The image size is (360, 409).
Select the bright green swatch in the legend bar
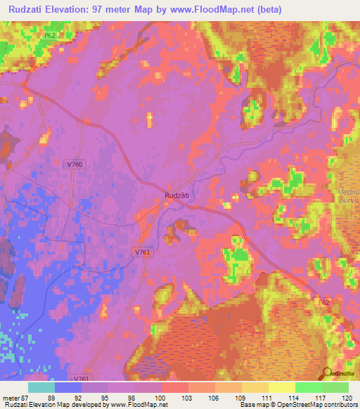pos(309,388)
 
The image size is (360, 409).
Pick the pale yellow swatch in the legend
pos(282,388)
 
